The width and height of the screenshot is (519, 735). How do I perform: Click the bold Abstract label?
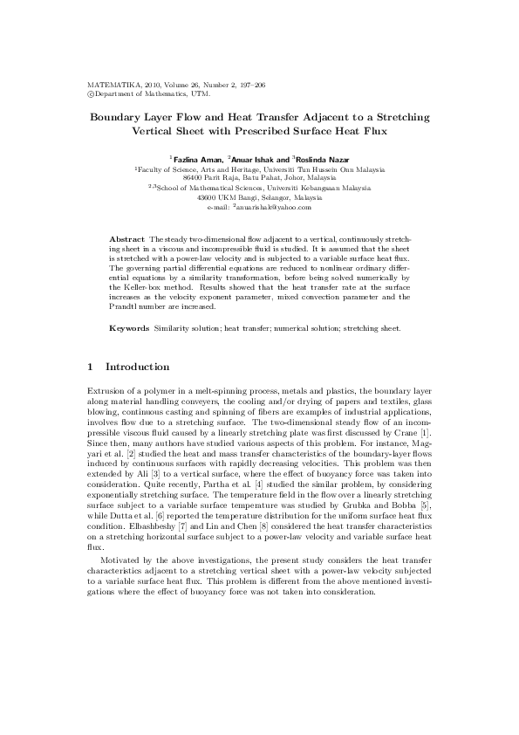127,238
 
